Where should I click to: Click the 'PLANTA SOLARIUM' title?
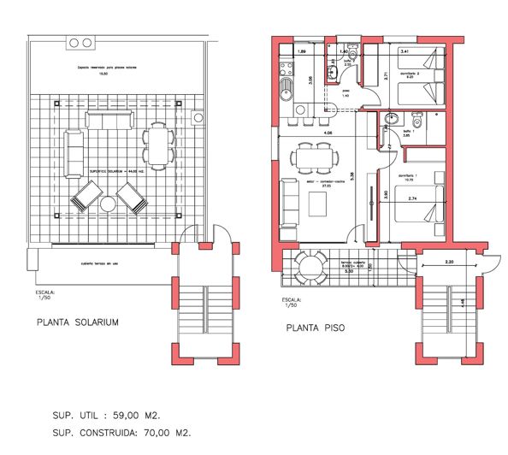coord(77,322)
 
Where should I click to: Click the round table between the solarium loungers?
coord(109,205)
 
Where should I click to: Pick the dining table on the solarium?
coord(157,144)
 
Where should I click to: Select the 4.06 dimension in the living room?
coord(328,133)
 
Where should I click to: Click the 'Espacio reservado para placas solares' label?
coord(107,66)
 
